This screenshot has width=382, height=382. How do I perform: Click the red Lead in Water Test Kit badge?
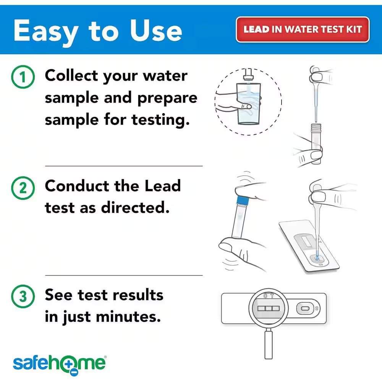[x=303, y=29]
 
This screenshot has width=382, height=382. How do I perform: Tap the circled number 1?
[x=23, y=78]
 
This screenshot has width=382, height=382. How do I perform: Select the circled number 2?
[x=23, y=188]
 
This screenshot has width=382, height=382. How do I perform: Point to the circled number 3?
[x=23, y=297]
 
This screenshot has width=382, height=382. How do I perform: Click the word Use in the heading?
[x=156, y=31]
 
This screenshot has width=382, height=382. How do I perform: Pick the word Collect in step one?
[x=71, y=75]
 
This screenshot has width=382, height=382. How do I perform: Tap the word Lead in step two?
[x=162, y=186]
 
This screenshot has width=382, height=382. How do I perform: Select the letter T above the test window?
[x=272, y=296]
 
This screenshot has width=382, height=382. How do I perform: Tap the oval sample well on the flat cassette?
[x=305, y=308]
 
